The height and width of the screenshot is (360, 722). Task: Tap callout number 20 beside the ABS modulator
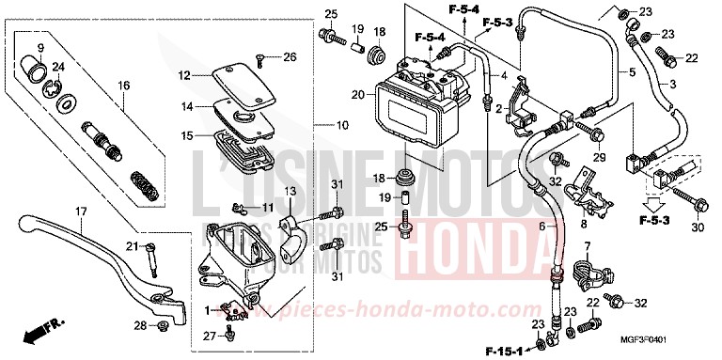(x=357, y=94)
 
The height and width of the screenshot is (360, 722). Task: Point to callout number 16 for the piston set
(x=122, y=86)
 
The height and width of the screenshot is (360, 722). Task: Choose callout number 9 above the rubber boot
(x=40, y=48)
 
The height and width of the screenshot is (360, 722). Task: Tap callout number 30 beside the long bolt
(x=697, y=228)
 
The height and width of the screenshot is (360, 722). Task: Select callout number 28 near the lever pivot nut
(x=141, y=326)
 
